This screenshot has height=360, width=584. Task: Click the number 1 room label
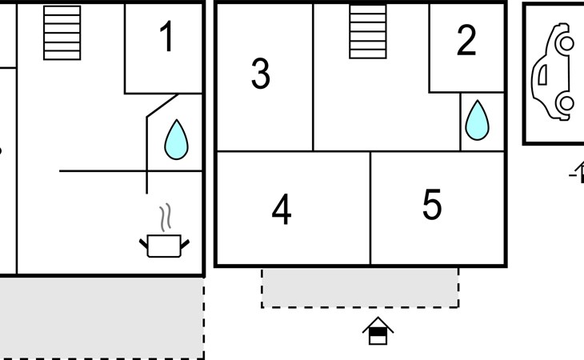[167, 36]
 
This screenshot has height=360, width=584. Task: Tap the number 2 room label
[466, 40]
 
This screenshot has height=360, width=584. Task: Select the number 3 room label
[261, 74]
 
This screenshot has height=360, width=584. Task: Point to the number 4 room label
[282, 209]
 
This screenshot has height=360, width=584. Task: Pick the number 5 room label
[432, 204]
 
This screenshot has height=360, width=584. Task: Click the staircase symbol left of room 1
[62, 33]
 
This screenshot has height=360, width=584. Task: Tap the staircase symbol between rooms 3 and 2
[368, 31]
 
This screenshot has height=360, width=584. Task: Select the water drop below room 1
[176, 140]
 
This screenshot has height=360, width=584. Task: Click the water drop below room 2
[477, 120]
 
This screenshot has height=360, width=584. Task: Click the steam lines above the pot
[166, 217]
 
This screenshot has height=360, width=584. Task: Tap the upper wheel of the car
[566, 43]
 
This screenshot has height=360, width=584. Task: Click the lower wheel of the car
[566, 103]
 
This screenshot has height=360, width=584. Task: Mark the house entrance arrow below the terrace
[378, 330]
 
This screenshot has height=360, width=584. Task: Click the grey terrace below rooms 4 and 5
[360, 287]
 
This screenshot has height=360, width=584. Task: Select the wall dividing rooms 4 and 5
[370, 208]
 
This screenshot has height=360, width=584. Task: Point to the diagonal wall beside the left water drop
[162, 106]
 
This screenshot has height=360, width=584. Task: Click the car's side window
[542, 74]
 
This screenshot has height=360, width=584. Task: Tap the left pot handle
[143, 244]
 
